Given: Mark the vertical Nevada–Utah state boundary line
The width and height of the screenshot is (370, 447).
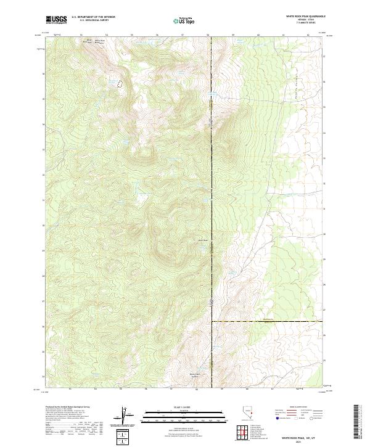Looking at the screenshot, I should click(x=212, y=185).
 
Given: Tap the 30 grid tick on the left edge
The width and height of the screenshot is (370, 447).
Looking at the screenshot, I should click(x=43, y=225).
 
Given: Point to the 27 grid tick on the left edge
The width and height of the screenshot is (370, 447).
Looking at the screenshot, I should click(x=43, y=301).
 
